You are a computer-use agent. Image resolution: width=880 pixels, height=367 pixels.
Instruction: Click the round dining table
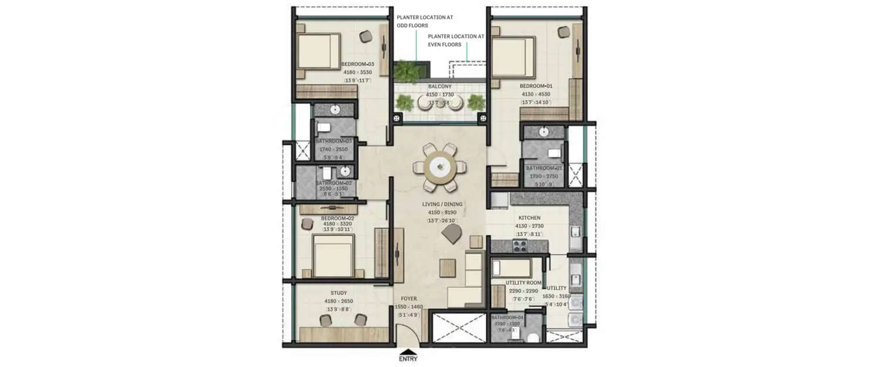[441, 167]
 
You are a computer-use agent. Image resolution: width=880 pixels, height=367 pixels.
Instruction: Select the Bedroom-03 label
[357, 64]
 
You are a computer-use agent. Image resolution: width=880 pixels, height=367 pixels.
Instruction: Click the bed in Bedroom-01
[513, 56]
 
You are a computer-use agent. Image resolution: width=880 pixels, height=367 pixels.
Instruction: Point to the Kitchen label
[529, 218]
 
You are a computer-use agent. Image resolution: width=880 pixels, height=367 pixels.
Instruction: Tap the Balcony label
[439, 86]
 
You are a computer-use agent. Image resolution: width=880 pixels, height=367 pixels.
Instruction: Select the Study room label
[339, 293]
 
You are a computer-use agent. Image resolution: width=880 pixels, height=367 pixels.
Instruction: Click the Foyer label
[408, 298]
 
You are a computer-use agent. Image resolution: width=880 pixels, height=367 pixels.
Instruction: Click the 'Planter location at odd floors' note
[424, 22]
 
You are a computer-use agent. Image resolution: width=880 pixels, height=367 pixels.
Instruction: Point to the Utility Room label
[523, 283]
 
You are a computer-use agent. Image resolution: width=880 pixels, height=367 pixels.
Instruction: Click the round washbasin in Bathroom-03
[336, 110]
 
